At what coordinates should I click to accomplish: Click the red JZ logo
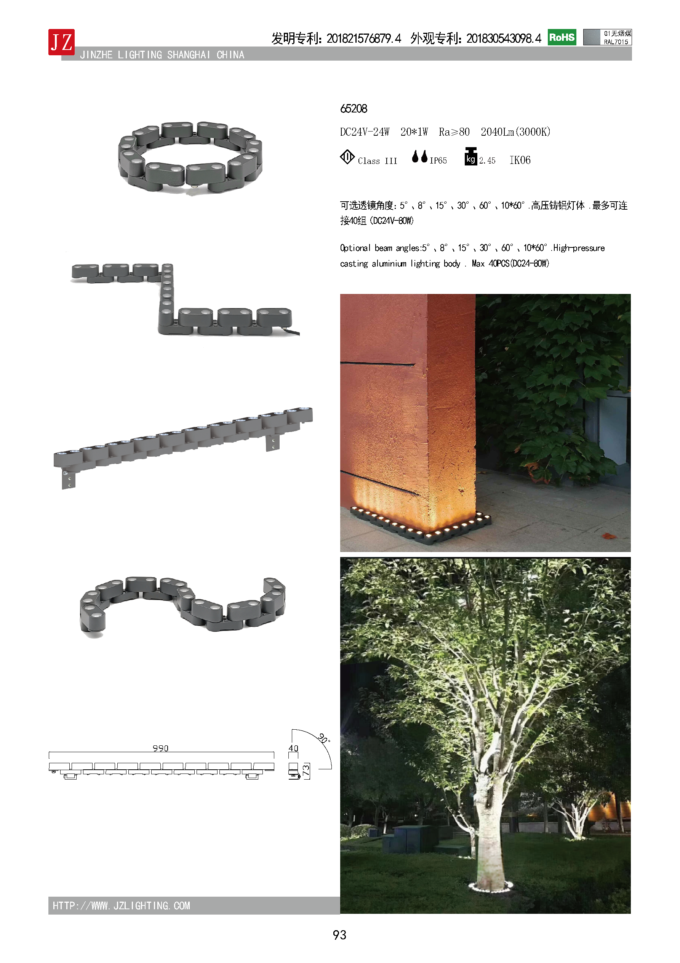[62, 42]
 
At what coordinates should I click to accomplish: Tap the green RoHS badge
[562, 37]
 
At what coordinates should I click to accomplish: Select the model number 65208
[354, 109]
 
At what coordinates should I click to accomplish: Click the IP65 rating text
[438, 160]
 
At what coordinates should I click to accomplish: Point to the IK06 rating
[520, 160]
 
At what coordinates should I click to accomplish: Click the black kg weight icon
[471, 156]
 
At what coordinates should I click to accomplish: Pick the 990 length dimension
[160, 748]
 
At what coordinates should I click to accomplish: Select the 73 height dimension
[306, 770]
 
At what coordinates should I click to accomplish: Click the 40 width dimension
[293, 748]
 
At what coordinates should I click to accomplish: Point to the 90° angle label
[324, 738]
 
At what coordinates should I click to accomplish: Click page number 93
[339, 935]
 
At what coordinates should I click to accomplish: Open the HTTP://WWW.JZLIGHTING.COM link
[121, 906]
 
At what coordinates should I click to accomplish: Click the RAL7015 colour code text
[616, 42]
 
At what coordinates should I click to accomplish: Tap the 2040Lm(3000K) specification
[515, 132]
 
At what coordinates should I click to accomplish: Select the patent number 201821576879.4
[364, 39]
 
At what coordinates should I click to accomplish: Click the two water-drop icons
[420, 156]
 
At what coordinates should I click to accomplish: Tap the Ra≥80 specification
[454, 132]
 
